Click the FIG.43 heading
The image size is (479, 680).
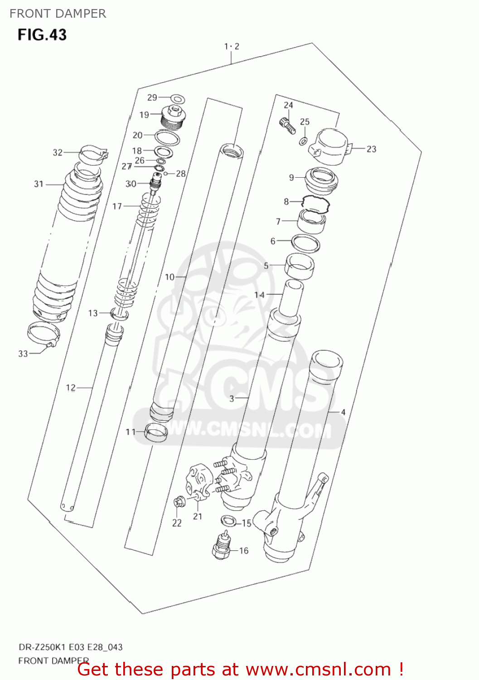[42, 35]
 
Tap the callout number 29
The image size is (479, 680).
[152, 97]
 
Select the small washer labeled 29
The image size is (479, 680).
[178, 99]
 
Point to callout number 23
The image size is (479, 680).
[371, 149]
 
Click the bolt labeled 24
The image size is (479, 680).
[287, 125]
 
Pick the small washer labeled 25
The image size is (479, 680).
[303, 141]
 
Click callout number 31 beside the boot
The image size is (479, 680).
[39, 184]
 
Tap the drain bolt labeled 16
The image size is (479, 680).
[222, 544]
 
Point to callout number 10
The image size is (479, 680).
[169, 277]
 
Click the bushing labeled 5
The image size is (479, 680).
[300, 266]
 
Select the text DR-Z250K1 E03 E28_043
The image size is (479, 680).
[70, 647]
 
